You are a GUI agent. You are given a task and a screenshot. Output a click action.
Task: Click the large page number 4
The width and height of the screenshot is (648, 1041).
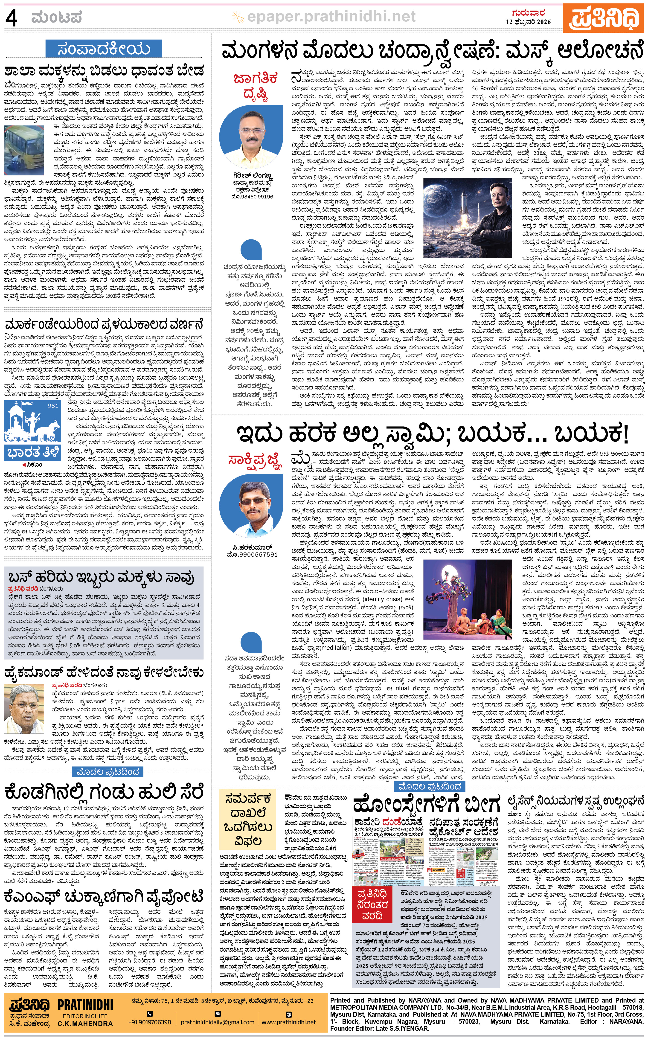pos(12,18)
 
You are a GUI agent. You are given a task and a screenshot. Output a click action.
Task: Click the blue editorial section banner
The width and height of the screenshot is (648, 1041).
pos(104,49)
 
